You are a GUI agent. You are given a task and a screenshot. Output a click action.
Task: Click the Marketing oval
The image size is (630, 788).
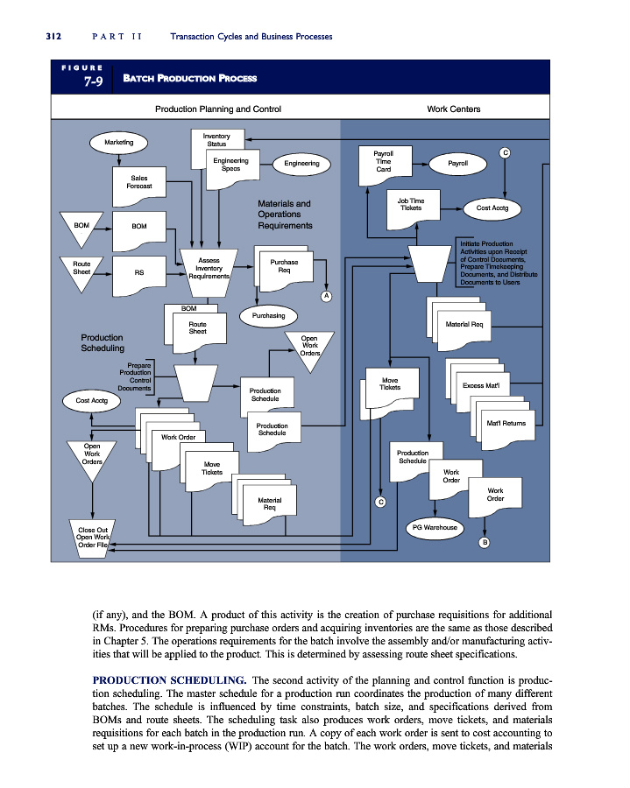tap(118, 142)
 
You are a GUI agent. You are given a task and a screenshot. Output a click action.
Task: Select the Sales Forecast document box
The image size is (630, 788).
tap(139, 186)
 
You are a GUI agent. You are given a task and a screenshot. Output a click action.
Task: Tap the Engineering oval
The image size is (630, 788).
tap(301, 164)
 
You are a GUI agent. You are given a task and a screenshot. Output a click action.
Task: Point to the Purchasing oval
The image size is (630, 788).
tap(268, 315)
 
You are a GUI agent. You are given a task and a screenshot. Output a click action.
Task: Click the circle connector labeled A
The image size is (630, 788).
tap(327, 296)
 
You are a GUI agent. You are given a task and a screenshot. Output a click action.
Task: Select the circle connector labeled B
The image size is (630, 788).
tap(485, 542)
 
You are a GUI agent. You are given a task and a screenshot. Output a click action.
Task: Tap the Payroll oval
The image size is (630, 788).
tap(457, 164)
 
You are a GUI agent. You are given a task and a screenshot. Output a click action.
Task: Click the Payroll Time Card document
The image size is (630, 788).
tap(386, 165)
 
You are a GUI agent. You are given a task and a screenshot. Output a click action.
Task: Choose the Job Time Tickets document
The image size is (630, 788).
tap(414, 209)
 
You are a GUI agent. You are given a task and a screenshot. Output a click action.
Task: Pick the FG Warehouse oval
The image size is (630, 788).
tap(435, 527)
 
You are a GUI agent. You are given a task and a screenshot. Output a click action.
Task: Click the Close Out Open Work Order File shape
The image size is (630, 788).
tap(93, 538)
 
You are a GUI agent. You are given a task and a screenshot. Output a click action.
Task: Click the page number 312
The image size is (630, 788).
tap(53, 36)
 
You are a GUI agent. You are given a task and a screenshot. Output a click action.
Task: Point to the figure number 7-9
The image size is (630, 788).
tap(94, 81)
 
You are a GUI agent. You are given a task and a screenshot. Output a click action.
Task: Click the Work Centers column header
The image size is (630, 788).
tap(454, 109)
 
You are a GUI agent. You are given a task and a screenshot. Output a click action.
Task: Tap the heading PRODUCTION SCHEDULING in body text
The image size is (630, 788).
tap(169, 680)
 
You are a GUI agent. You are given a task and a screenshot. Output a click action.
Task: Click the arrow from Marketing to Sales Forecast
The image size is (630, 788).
tap(119, 160)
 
